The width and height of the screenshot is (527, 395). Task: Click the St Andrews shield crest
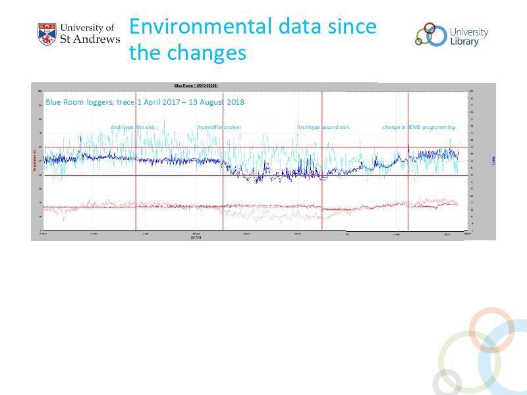[47, 34]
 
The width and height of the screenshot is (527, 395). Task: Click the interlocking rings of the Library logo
[430, 34]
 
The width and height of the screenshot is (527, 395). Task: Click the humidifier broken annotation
[220, 127]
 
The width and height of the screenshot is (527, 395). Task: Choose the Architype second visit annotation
[323, 127]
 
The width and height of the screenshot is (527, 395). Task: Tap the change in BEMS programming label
[418, 127]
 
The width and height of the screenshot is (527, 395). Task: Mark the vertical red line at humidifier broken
[223, 191]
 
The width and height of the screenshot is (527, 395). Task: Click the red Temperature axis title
[34, 161]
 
